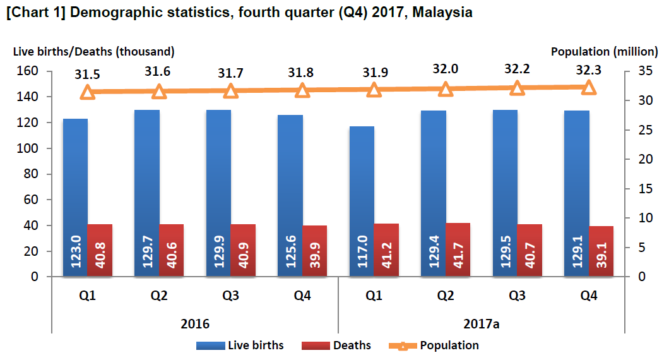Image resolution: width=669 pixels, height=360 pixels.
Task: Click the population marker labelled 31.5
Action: [88, 92]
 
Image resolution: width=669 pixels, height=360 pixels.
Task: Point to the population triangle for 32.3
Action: [589, 87]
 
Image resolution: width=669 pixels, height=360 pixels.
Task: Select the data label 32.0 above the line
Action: [446, 70]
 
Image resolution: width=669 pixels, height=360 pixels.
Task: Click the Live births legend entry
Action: [240, 345]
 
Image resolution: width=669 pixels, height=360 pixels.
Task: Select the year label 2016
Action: [195, 323]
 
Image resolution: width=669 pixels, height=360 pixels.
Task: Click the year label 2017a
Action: [482, 323]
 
